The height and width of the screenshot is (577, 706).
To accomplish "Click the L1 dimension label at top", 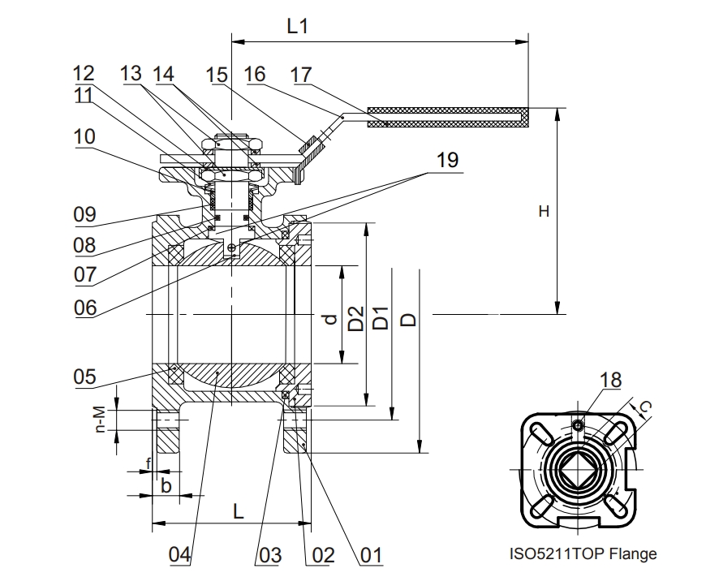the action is [298, 26].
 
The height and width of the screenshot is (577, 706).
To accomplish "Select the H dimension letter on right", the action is [544, 211].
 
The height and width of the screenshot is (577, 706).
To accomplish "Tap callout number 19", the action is [448, 160].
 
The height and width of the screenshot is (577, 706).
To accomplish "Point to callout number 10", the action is [84, 136].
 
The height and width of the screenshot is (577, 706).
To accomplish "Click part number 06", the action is [85, 308].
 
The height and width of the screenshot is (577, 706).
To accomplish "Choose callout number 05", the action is [84, 377].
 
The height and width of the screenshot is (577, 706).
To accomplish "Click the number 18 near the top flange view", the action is [610, 380].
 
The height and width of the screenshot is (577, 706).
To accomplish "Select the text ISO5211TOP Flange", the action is [583, 553].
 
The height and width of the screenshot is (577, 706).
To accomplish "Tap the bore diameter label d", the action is [331, 319].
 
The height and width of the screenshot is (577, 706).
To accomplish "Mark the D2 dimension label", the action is [356, 318].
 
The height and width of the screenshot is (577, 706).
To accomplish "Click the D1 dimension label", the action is [381, 318].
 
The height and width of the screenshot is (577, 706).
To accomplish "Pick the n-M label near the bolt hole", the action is [100, 420].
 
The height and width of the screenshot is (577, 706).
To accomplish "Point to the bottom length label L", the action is [239, 511].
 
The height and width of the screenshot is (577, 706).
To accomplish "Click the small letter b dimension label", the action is [166, 485].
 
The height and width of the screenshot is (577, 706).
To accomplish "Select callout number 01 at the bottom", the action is [371, 555].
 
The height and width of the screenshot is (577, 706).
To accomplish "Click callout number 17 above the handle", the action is [301, 75].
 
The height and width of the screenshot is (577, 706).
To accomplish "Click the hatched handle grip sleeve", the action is [448, 117].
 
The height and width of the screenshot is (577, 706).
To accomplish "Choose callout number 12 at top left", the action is [84, 73].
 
